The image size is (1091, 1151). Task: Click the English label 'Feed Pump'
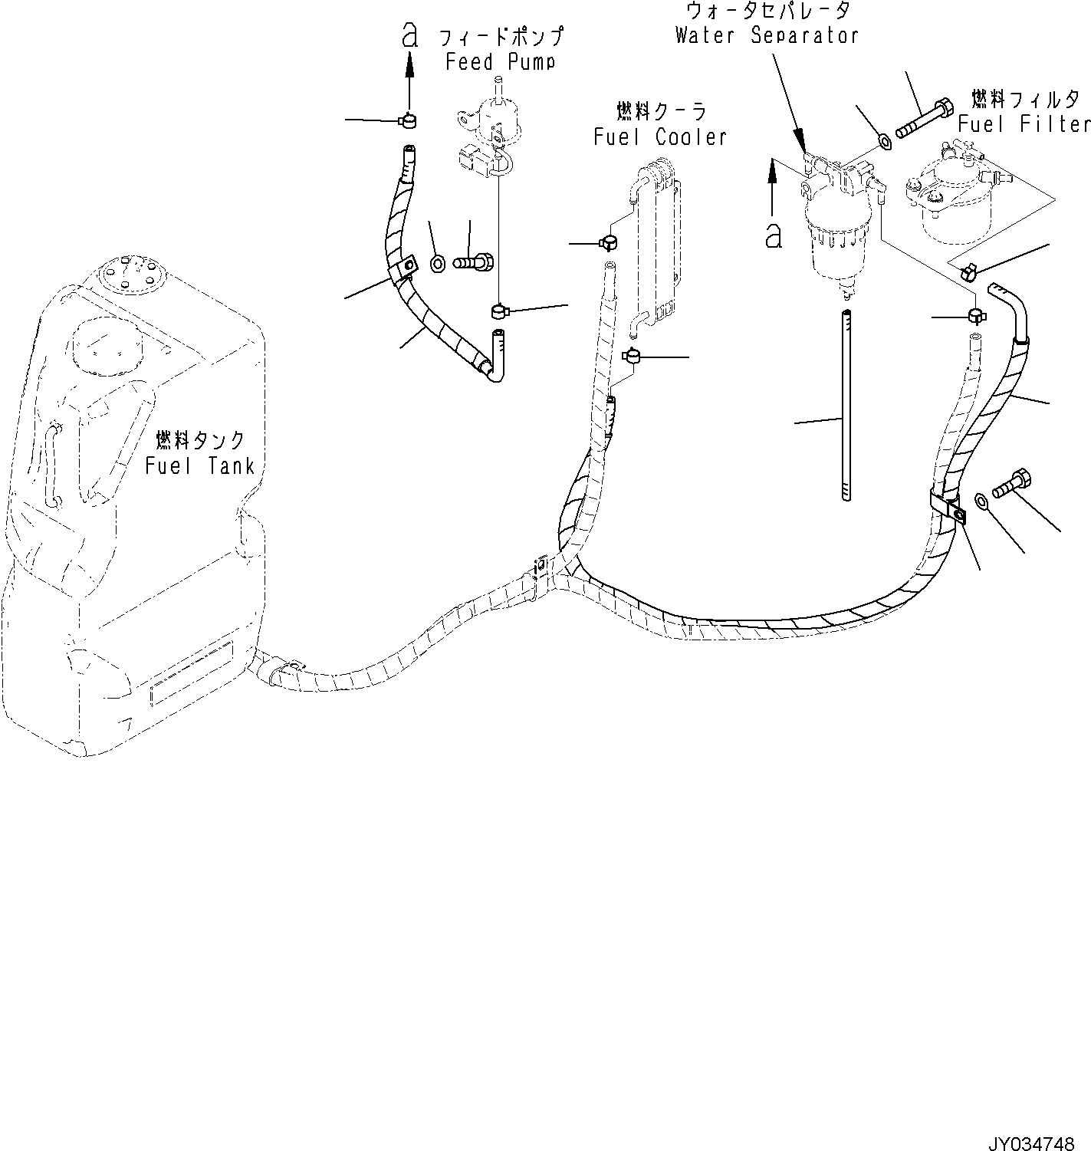click(500, 61)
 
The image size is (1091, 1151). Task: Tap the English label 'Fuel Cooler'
click(660, 136)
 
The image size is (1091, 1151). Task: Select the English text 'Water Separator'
click(767, 35)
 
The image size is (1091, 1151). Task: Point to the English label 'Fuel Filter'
click(1024, 123)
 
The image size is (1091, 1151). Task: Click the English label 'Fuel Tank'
click(199, 465)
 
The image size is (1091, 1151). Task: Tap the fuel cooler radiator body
click(656, 245)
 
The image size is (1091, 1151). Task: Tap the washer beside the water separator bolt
click(884, 141)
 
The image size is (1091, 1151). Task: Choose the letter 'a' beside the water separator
click(774, 235)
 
